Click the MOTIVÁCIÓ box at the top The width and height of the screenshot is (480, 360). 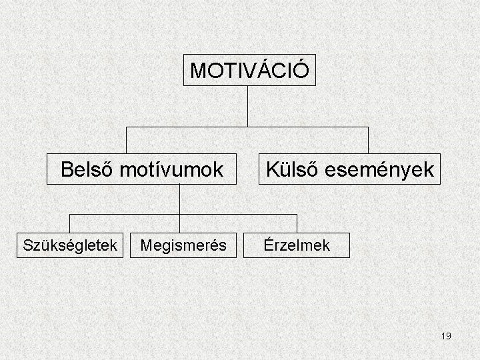tap(249, 70)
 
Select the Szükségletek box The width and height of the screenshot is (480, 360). tap(70, 245)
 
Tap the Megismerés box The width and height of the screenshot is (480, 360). tap(183, 245)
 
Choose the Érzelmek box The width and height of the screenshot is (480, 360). tap(296, 245)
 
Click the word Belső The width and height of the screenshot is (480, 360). tap(87, 169)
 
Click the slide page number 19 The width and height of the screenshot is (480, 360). tap(446, 336)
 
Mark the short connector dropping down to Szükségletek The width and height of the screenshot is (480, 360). tap(70, 223)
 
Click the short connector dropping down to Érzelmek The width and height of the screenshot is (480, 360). tap(297, 223)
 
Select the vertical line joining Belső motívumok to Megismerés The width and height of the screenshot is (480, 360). tap(180, 207)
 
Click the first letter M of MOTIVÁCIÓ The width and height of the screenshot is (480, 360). tap(197, 70)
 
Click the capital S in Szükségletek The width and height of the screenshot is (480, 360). tap(27, 245)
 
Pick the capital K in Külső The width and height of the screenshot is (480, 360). tap(273, 169)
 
